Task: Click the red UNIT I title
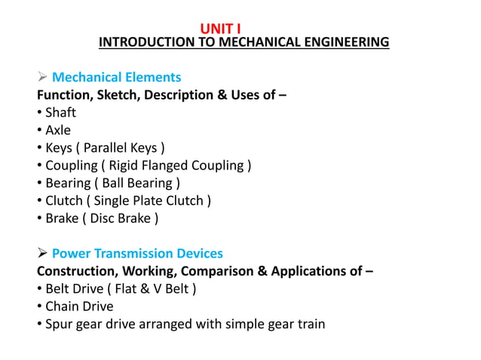tap(220, 29)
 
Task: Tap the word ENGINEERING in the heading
tap(344, 42)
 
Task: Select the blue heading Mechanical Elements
tap(116, 78)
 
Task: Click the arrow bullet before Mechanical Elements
tap(42, 78)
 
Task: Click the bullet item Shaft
tap(60, 113)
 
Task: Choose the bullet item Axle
tap(58, 130)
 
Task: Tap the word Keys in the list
tap(60, 148)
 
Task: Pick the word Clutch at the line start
tap(63, 200)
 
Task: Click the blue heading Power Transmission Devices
tap(137, 254)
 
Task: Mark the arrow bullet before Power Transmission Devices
tap(42, 254)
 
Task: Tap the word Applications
tap(311, 271)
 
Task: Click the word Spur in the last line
tap(60, 325)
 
